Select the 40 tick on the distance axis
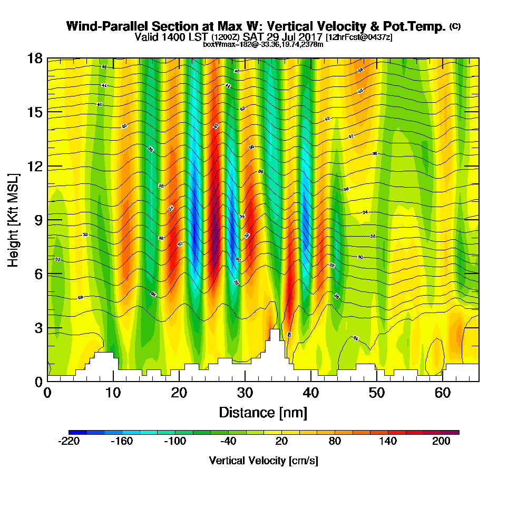tap(311, 393)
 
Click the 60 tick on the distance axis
tap(443, 393)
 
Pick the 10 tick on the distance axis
tap(113, 393)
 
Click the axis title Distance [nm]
tap(263, 412)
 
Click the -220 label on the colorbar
tap(69, 442)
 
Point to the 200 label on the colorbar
tap(441, 442)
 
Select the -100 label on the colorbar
tap(175, 442)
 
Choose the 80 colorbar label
tap(335, 442)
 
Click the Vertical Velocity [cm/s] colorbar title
tap(263, 461)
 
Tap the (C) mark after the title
tap(455, 26)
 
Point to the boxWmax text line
tap(263, 44)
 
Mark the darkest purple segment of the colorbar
tap(454, 432)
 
